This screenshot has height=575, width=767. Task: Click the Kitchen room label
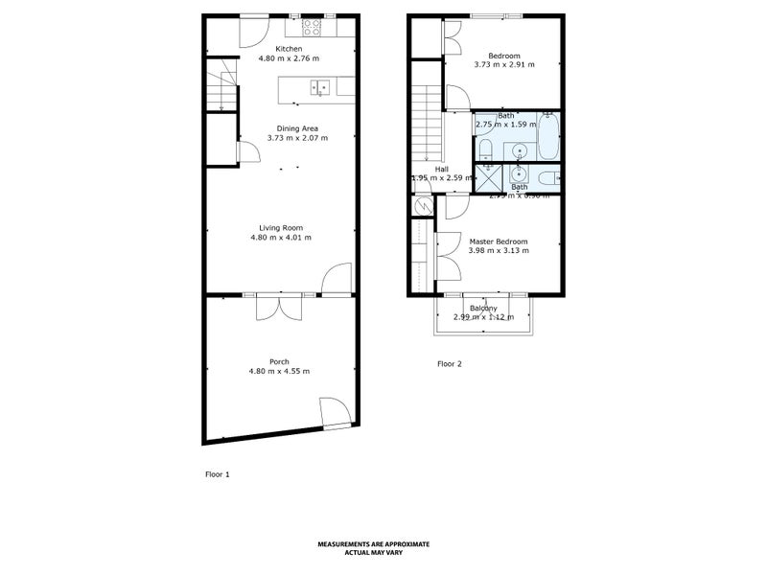pyautogui.click(x=289, y=49)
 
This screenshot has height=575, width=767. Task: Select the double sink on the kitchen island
pyautogui.click(x=320, y=88)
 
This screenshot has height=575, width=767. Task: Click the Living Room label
pyautogui.click(x=280, y=227)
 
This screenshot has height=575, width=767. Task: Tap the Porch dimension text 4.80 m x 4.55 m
pyautogui.click(x=279, y=371)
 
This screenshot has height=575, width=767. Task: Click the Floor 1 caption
pyautogui.click(x=218, y=474)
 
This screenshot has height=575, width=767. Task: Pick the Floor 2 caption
pyautogui.click(x=450, y=364)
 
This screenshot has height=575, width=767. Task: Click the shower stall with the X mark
pyautogui.click(x=489, y=177)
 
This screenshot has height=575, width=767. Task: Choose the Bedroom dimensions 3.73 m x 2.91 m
pyautogui.click(x=503, y=64)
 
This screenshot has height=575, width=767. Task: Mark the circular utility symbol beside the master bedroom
pyautogui.click(x=420, y=206)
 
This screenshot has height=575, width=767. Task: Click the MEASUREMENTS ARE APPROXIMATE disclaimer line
pyautogui.click(x=381, y=543)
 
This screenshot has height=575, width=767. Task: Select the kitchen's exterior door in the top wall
pyautogui.click(x=254, y=27)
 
